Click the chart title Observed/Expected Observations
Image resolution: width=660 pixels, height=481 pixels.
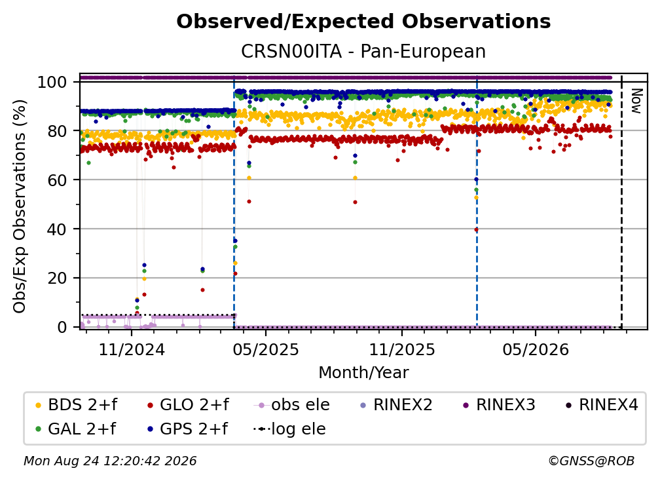pyautogui.click(x=363, y=22)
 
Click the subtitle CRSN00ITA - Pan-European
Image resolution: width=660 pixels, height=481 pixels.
pyautogui.click(x=363, y=51)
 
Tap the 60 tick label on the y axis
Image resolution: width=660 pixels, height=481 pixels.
pyautogui.click(x=57, y=180)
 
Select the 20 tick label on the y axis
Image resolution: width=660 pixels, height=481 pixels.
pyautogui.click(x=57, y=278)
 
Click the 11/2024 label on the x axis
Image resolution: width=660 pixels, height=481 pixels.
pyautogui.click(x=132, y=349)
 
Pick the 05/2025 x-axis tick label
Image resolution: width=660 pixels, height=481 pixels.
pyautogui.click(x=266, y=349)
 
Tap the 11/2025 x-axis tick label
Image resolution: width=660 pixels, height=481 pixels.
pyautogui.click(x=402, y=349)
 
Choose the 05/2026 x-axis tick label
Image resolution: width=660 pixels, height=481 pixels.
pyautogui.click(x=536, y=349)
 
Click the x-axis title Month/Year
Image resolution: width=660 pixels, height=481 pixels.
pyautogui.click(x=363, y=372)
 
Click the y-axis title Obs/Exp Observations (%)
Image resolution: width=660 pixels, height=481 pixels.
pyautogui.click(x=20, y=206)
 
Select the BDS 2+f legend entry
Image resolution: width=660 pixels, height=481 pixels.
pyautogui.click(x=76, y=405)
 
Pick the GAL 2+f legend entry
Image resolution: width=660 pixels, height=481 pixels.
pyautogui.click(x=75, y=429)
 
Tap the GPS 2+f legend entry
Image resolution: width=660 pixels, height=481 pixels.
pyautogui.click(x=187, y=429)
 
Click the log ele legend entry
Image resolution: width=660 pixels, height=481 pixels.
pyautogui.click(x=289, y=429)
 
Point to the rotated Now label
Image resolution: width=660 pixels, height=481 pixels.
pyautogui.click(x=636, y=101)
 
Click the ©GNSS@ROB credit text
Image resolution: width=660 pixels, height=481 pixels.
pyautogui.click(x=591, y=461)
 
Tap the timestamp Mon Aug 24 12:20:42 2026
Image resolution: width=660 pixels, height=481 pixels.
pyautogui.click(x=110, y=461)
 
